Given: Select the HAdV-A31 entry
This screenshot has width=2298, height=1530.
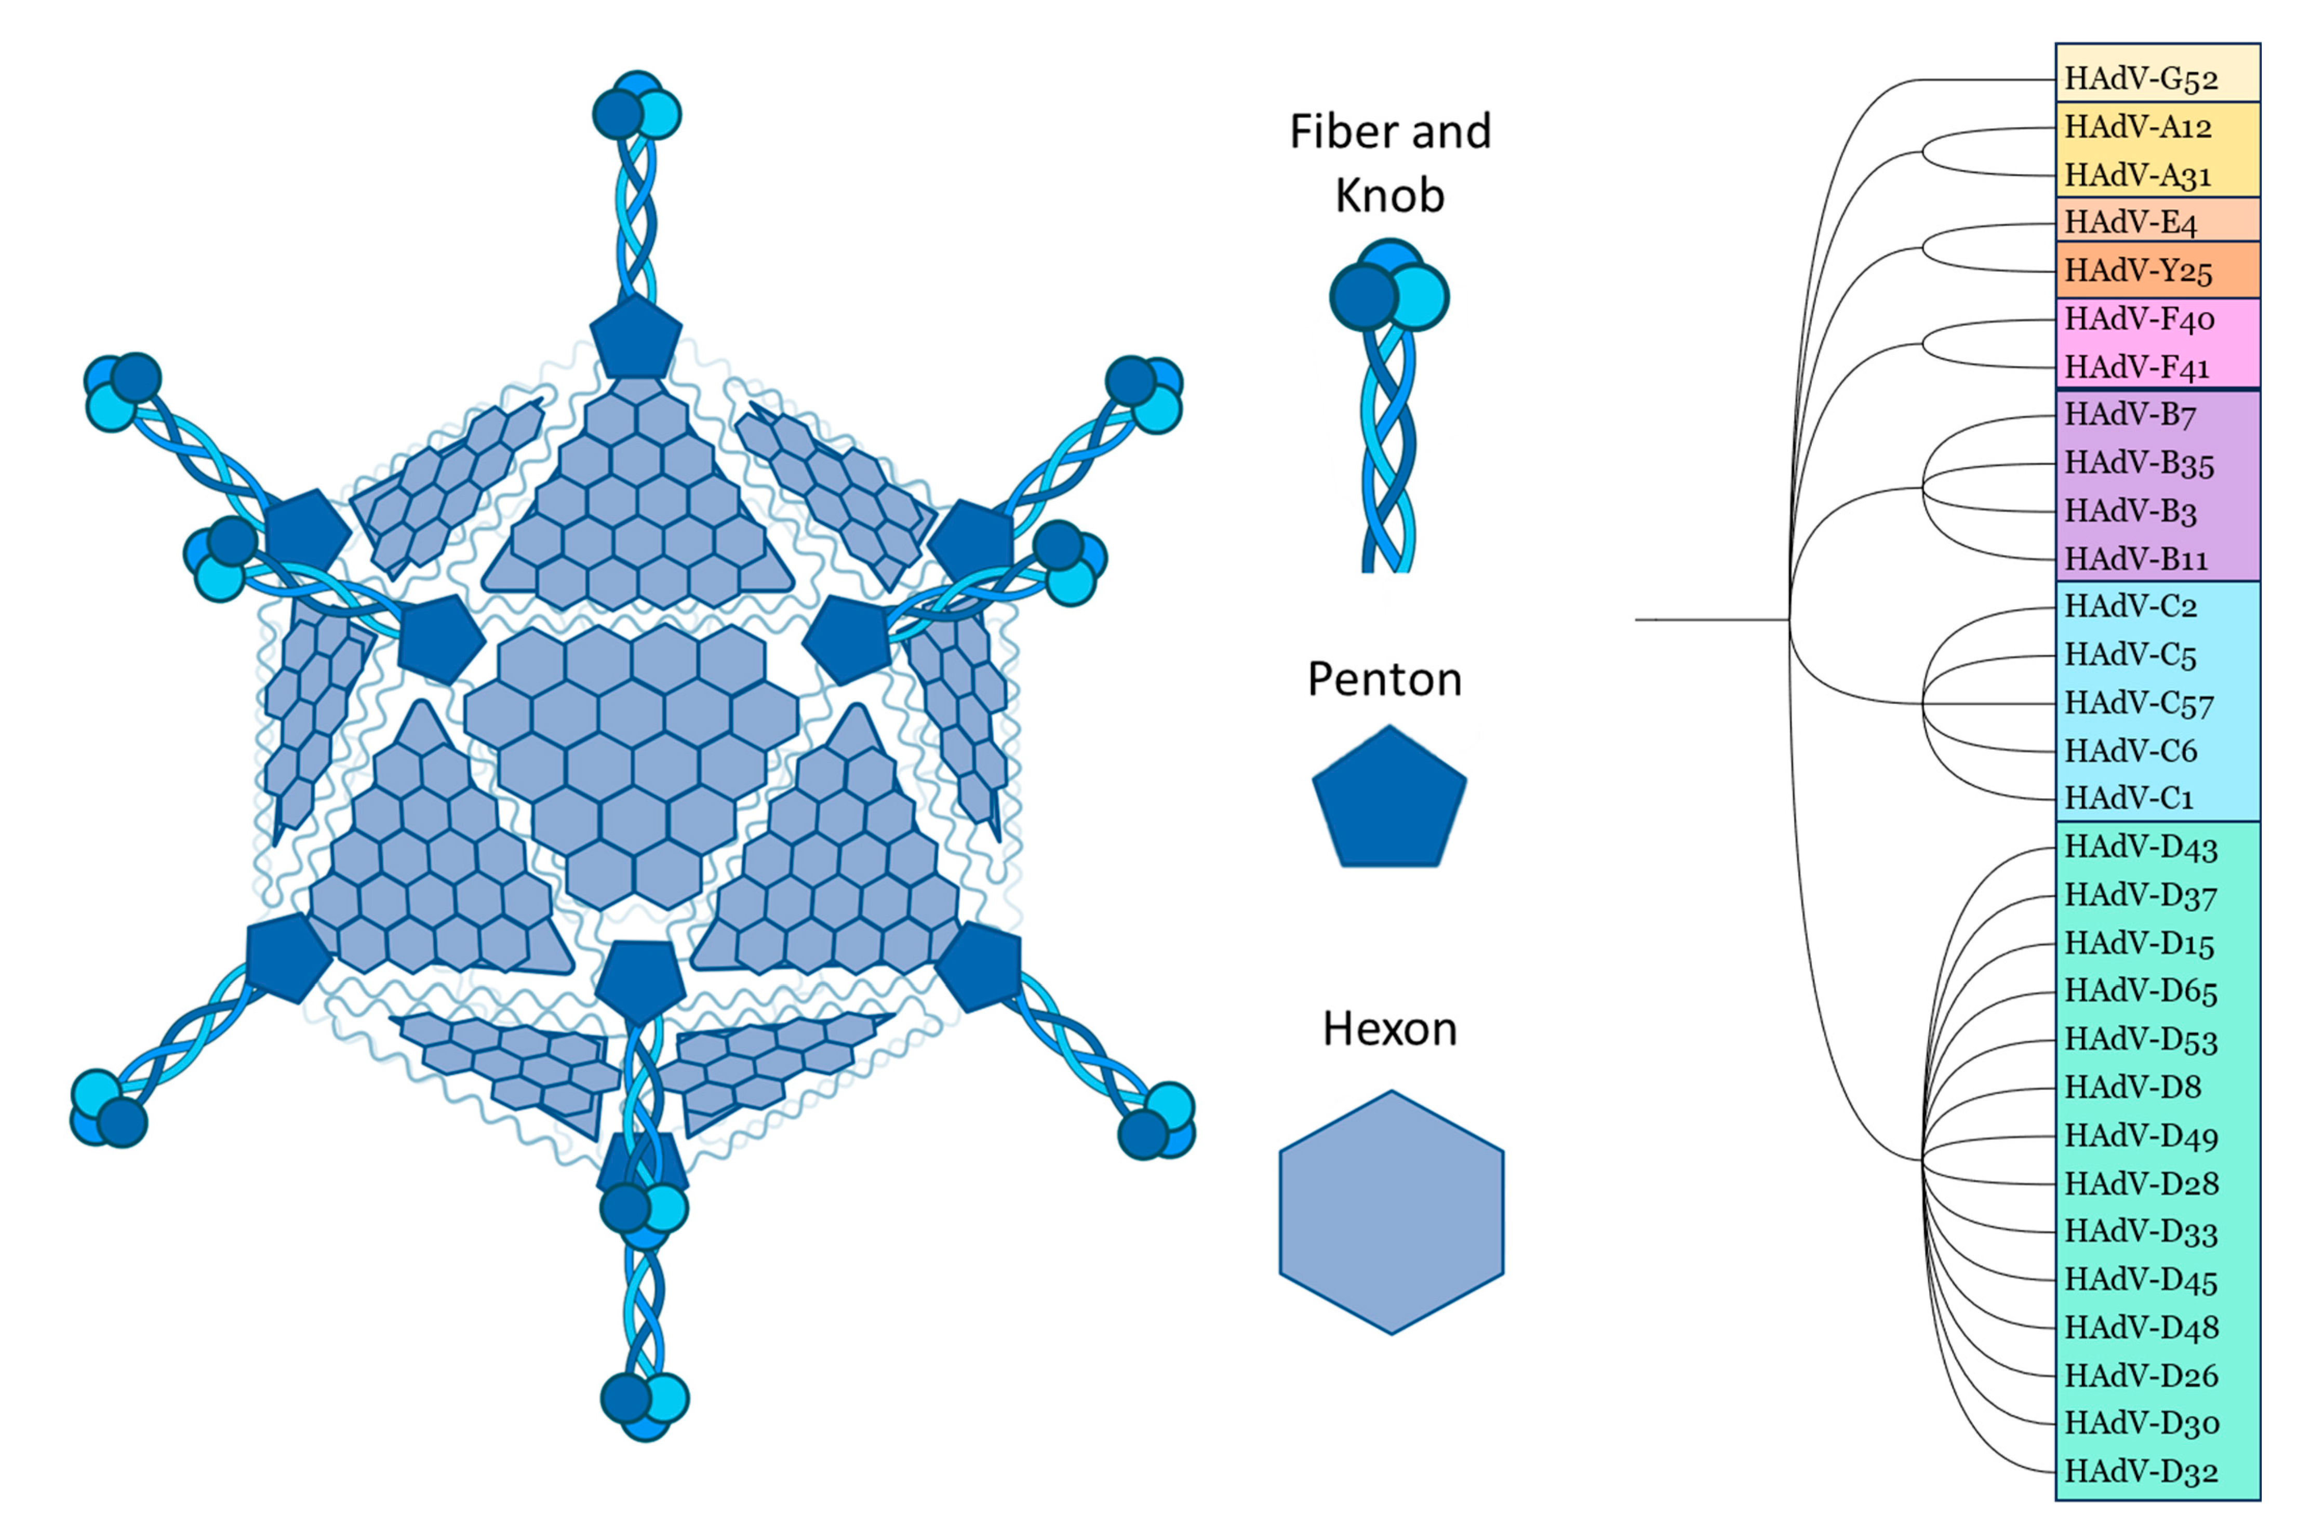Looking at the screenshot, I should [2137, 176].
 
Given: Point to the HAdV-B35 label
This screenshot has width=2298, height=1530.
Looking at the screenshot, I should [2139, 463].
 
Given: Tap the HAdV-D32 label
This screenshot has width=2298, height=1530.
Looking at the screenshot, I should [2141, 1470].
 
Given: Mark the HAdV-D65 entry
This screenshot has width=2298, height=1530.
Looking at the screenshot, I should [2141, 991].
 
